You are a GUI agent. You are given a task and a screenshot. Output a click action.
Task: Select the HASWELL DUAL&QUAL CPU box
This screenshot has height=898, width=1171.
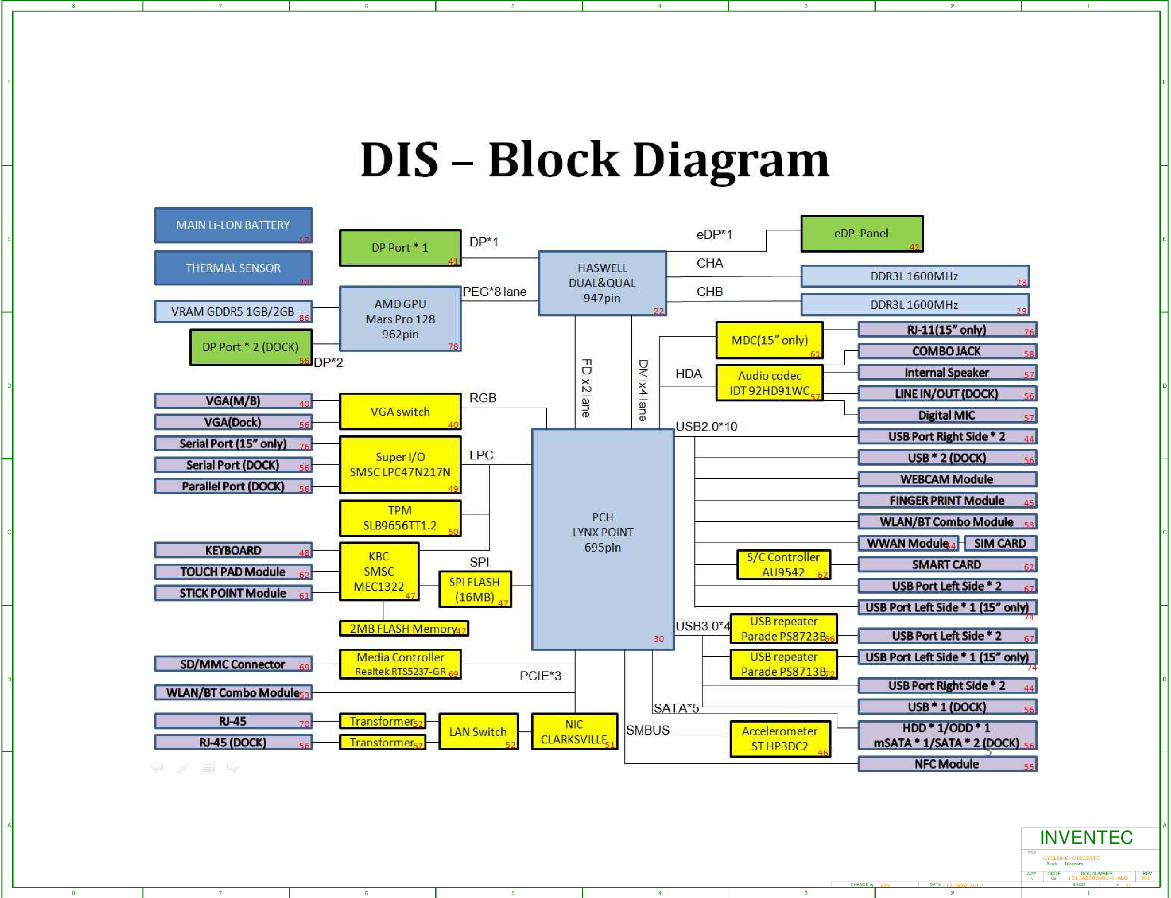pos(602,283)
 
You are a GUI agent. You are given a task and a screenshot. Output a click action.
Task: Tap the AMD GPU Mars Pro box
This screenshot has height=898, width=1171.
pos(400,319)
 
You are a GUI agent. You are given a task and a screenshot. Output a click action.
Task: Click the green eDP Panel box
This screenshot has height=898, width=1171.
pos(861,234)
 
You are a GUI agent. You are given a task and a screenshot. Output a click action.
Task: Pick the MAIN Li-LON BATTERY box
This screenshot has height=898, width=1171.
pos(233,225)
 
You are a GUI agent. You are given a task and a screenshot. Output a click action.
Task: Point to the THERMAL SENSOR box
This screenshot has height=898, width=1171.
pos(233,268)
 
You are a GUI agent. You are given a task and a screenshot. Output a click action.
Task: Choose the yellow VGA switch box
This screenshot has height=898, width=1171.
pos(400,412)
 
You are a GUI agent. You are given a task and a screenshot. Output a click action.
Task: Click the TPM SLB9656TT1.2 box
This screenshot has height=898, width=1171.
pos(400,518)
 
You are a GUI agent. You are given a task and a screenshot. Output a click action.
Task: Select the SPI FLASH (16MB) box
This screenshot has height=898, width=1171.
pos(475,589)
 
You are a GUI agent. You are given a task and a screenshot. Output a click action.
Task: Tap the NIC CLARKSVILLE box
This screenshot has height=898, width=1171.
pos(574,732)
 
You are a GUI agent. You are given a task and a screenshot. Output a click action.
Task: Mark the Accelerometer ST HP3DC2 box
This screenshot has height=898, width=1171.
pos(780,739)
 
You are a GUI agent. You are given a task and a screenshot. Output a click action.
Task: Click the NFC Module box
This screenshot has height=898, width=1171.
pos(946,764)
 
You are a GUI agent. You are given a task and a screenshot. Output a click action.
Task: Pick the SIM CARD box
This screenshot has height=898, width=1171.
pos(1000,543)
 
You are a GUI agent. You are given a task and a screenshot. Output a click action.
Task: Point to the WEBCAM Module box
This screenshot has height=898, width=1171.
pos(946,479)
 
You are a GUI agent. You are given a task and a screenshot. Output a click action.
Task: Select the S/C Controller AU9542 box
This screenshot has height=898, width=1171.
pos(783,565)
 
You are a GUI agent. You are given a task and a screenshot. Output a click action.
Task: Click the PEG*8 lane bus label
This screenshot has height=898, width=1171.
pos(494,292)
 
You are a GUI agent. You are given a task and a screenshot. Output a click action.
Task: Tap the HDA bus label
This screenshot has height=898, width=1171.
pos(689,373)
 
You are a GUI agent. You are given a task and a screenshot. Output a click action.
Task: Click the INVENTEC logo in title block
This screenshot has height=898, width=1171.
pos(1086,838)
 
